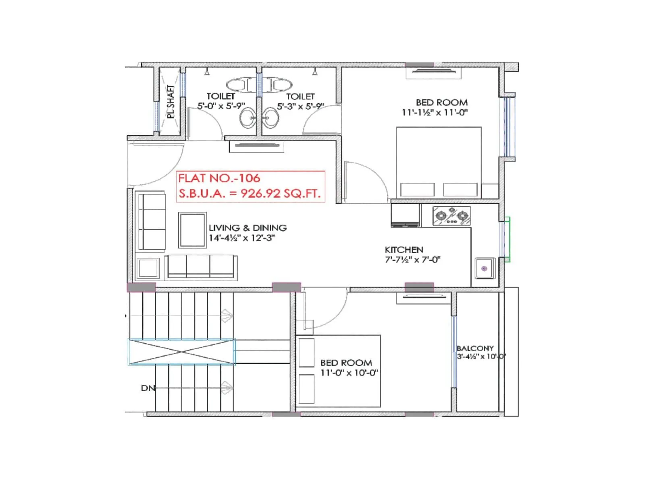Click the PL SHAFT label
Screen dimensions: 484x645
171,102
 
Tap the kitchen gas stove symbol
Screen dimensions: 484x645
451,216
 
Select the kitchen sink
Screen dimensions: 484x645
485,268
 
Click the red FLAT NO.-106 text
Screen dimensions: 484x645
219,178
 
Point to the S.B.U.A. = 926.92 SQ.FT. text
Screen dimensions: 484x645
250,194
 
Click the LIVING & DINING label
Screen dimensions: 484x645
248,228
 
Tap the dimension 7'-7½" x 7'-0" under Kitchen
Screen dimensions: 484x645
412,260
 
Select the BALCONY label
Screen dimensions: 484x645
475,348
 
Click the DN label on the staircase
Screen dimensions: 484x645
148,388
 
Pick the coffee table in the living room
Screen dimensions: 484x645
192,230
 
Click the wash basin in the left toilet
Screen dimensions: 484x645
247,118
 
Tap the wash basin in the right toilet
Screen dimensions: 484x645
270,118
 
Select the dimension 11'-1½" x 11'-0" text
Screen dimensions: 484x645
435,113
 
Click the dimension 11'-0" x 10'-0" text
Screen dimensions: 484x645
349,373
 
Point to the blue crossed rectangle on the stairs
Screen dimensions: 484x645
181,352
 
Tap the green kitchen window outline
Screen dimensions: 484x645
507,240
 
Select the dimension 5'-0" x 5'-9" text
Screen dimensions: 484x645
221,106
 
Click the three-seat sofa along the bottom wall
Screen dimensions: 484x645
201,267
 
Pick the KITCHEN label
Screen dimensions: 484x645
404,250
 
